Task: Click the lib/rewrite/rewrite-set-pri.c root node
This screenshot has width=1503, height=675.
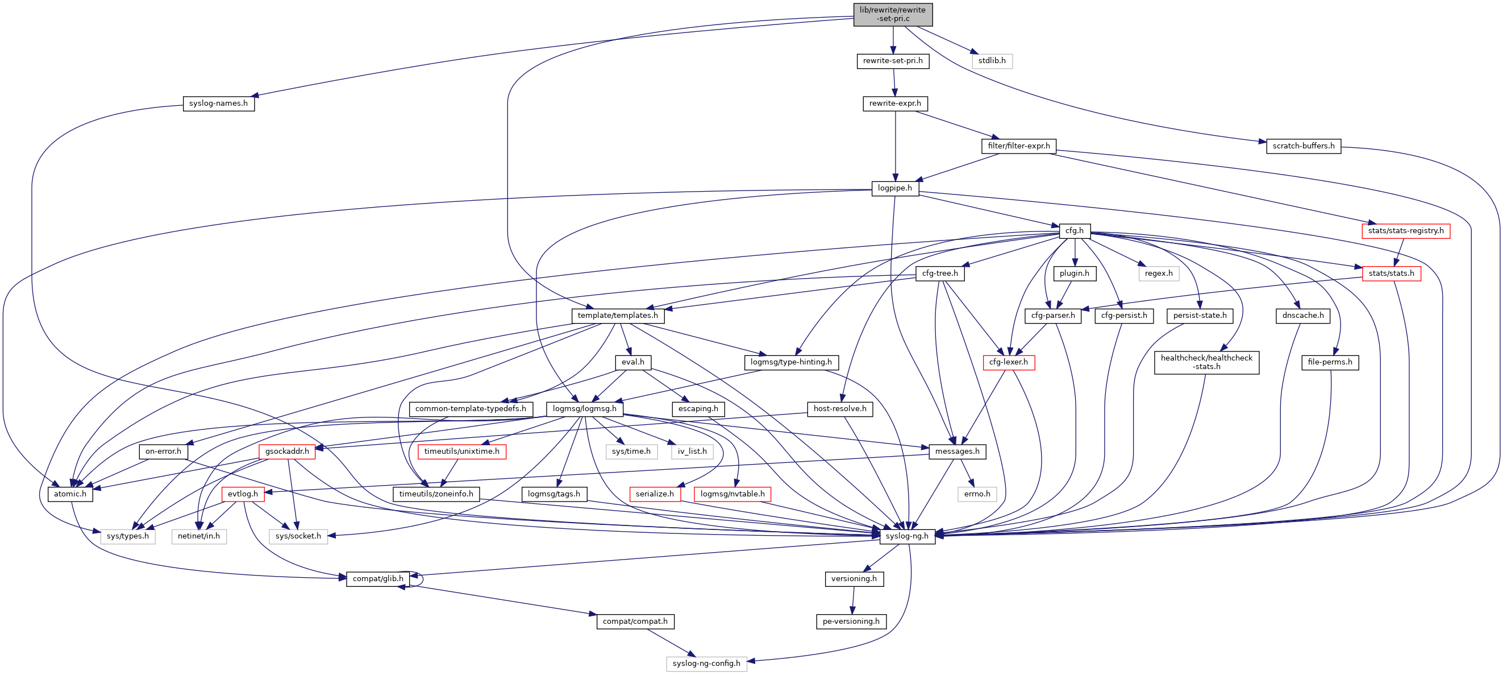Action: [892, 14]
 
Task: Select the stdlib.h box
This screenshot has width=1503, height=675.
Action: [992, 61]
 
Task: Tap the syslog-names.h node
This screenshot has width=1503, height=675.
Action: [218, 103]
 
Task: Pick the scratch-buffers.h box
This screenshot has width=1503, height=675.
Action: [1303, 146]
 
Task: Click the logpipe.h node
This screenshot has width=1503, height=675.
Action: [894, 188]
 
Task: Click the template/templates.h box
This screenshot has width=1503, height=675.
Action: [617, 315]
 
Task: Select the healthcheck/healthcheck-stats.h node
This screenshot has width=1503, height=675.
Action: [1206, 362]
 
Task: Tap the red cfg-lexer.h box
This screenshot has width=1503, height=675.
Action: [1008, 362]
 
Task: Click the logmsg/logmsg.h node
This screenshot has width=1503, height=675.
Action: [584, 409]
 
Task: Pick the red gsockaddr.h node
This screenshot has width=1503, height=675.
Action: [287, 452]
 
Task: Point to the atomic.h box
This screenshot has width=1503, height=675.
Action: [70, 494]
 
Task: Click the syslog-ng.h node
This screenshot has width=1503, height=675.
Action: [907, 536]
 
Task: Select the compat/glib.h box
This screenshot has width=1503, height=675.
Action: [377, 579]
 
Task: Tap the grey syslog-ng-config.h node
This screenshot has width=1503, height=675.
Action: [706, 663]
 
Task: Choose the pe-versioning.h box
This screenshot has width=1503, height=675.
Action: [851, 622]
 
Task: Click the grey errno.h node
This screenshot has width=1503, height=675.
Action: [977, 494]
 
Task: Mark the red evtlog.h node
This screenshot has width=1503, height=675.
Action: [243, 494]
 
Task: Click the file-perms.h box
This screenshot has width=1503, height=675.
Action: [1330, 362]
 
